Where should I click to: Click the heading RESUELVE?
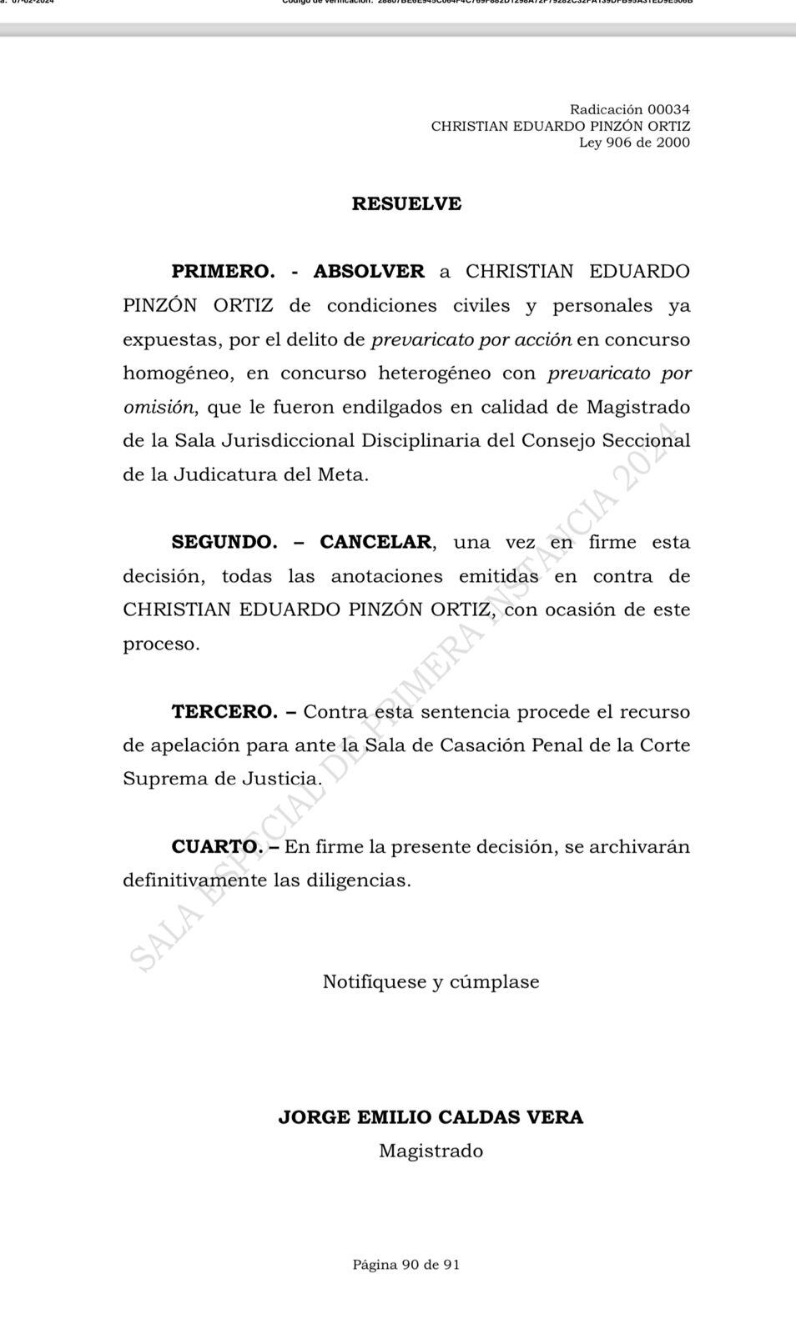[x=406, y=203]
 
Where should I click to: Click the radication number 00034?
[x=668, y=109]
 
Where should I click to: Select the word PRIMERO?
[x=223, y=272]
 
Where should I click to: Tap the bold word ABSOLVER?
[x=369, y=272]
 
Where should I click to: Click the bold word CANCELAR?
[x=375, y=542]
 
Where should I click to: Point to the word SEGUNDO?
[x=224, y=542]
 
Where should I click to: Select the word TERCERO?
[x=224, y=712]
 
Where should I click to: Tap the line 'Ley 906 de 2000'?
[x=634, y=143]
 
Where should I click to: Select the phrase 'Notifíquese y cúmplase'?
[x=431, y=982]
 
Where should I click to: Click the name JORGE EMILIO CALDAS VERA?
[x=431, y=1117]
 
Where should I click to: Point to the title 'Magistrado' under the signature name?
[x=431, y=1151]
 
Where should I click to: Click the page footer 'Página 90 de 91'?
[x=406, y=1265]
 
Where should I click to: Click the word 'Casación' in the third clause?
[x=482, y=745]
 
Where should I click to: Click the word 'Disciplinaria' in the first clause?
[x=421, y=441]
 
